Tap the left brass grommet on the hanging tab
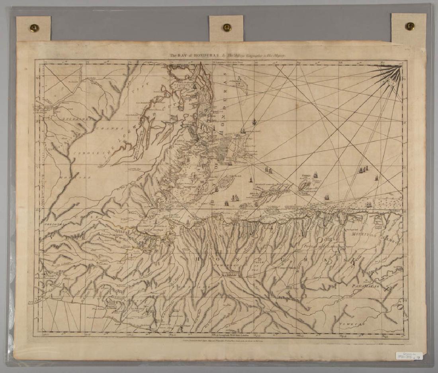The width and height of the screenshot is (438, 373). click(x=34, y=28)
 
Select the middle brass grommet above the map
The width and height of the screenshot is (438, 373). click(x=227, y=27)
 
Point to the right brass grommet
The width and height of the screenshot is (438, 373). click(x=409, y=26)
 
